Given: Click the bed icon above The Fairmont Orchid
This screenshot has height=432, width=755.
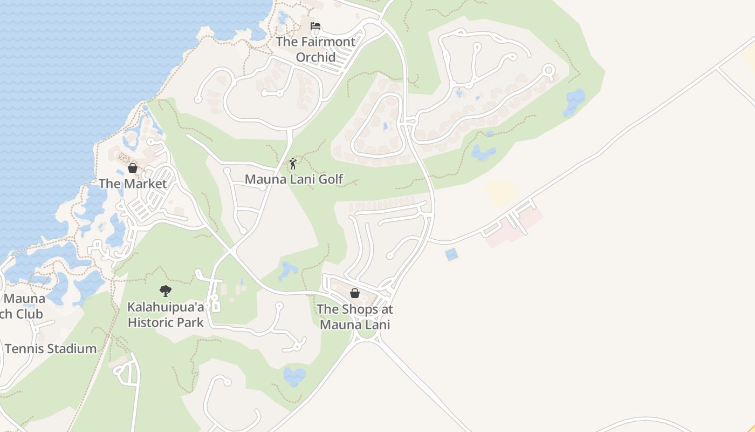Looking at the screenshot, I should click(315, 26).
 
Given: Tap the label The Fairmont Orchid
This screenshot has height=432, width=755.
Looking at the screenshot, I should click(315, 49).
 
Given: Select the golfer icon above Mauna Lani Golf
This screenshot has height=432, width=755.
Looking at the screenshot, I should click(293, 164).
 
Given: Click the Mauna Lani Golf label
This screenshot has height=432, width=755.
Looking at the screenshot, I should click(294, 179).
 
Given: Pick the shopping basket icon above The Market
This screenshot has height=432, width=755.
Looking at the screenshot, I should click(133, 168).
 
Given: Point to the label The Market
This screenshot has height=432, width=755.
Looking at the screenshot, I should click(133, 184).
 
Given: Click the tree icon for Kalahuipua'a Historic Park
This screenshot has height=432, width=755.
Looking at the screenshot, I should click(166, 292).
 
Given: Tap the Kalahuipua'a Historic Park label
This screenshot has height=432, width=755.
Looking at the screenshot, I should click(166, 315).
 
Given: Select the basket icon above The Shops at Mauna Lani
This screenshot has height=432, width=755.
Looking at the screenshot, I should click(355, 293).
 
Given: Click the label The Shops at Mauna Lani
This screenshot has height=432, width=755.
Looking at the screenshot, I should click(355, 317).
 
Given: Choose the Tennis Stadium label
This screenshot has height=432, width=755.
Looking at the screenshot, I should click(51, 349).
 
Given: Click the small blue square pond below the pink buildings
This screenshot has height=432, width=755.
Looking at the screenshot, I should click(451, 254).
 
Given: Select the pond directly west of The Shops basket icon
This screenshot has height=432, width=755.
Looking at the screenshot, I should click(288, 269).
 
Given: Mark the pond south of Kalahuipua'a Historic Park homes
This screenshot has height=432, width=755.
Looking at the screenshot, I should click(294, 376).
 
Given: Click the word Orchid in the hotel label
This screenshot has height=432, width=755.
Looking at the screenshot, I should click(315, 57).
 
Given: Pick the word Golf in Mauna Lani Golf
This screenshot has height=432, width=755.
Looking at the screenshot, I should click(331, 179).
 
